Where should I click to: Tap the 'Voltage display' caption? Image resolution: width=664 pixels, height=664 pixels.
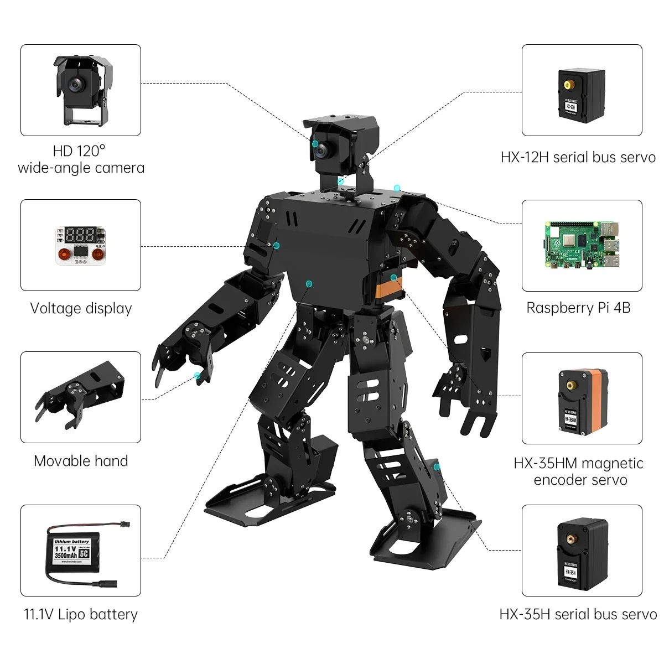click(81, 309)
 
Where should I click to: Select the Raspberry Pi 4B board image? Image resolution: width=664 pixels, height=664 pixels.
click(581, 246)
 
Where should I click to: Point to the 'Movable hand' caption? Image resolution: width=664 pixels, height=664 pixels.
click(81, 461)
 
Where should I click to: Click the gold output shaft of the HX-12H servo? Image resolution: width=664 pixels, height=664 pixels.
click(568, 85)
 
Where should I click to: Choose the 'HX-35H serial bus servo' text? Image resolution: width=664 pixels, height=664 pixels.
click(578, 614)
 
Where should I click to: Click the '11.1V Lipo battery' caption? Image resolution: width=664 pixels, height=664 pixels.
click(81, 614)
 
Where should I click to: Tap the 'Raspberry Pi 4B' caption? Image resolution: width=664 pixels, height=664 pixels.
click(578, 308)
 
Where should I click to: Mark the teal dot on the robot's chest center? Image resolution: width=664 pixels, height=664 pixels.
click(308, 283)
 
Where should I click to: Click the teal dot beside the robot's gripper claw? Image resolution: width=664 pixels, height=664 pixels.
click(197, 376)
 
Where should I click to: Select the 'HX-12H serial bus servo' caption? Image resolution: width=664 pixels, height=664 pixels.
click(578, 157)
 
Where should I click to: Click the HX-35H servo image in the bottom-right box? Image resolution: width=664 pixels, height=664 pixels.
click(582, 551)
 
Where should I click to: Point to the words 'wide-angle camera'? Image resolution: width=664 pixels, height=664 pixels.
click(81, 168)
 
